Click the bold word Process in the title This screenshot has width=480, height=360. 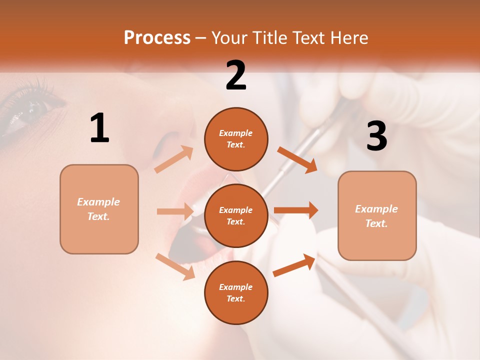tap(157, 37)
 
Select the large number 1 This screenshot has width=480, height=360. tap(99, 128)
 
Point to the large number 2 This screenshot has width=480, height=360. tap(236, 75)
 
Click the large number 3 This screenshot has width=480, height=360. tap(376, 136)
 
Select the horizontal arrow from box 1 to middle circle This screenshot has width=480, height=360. tap(175, 211)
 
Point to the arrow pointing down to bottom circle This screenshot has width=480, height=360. tap(175, 266)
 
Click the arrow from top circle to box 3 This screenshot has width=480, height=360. tap(297, 160)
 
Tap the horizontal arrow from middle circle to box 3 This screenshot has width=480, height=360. tap(296, 210)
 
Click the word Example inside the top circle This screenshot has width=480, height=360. tap(235, 133)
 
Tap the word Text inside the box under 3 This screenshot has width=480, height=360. tap(376, 223)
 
